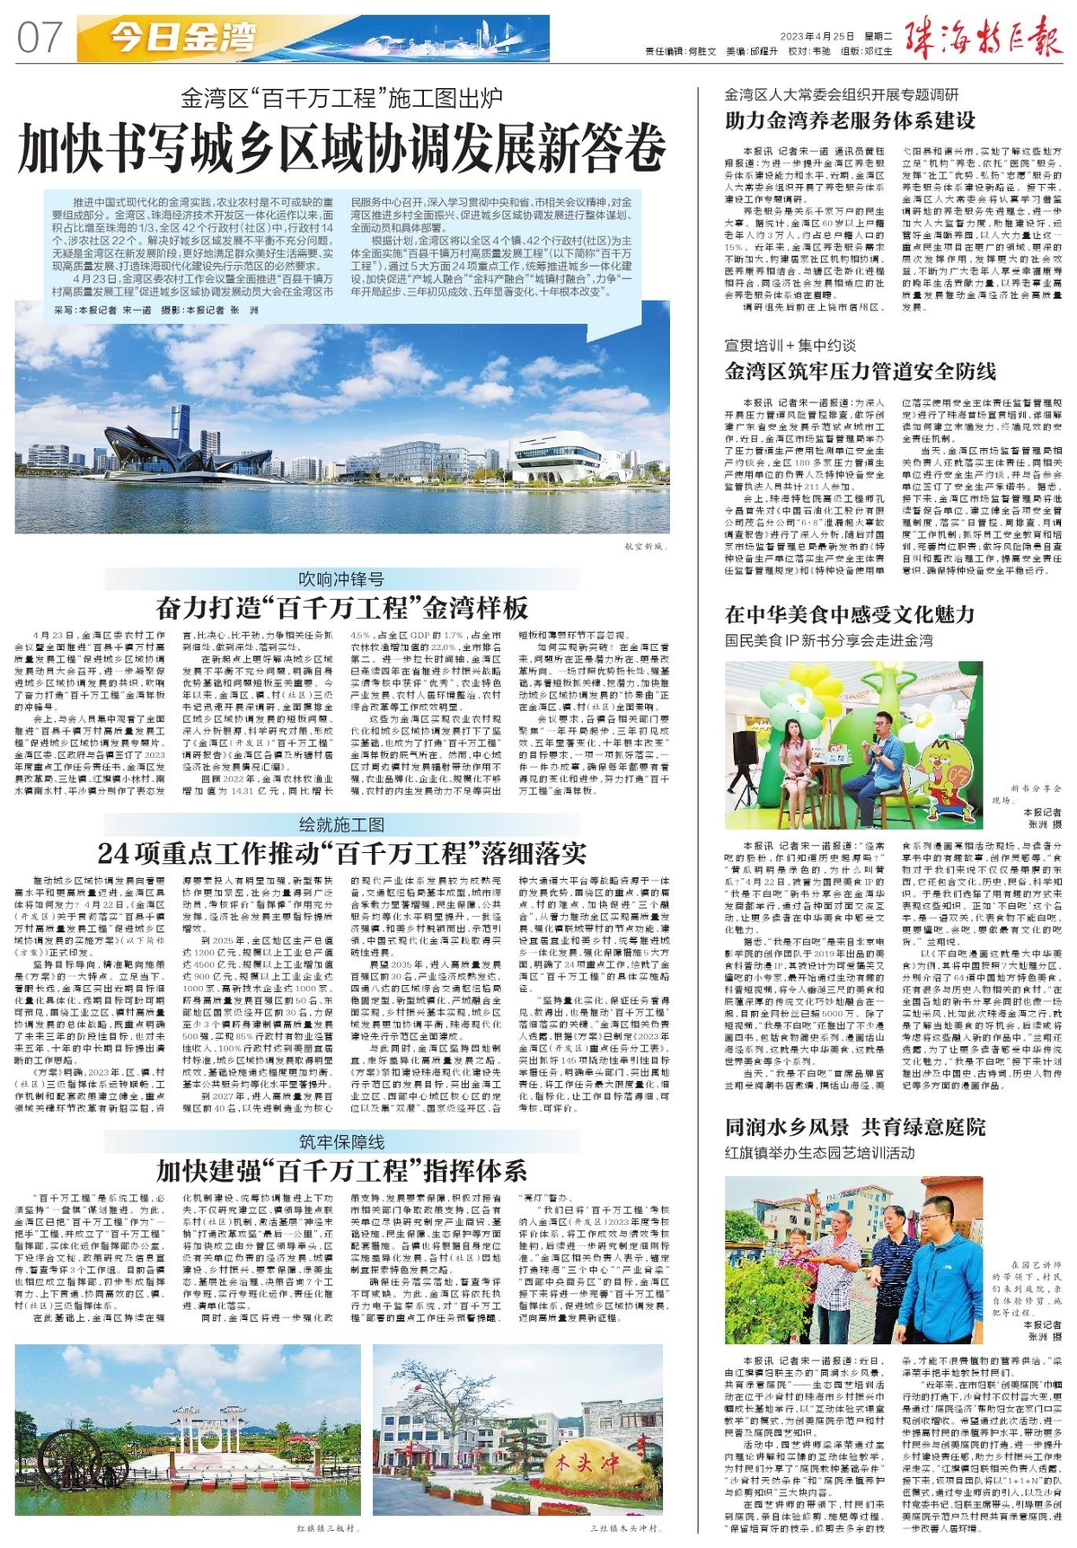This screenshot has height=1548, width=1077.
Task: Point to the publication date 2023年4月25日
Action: [817, 37]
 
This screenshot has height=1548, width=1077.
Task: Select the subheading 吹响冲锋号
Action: [341, 579]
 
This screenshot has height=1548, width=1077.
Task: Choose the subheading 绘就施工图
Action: [341, 823]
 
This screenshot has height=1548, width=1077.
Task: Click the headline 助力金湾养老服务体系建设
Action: [850, 119]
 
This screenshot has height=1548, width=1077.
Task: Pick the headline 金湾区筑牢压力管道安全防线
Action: [860, 370]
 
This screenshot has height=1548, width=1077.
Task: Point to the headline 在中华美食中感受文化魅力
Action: [849, 614]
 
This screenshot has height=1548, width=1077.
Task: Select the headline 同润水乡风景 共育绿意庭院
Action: [855, 1127]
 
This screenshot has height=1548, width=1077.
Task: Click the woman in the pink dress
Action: [794, 762]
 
